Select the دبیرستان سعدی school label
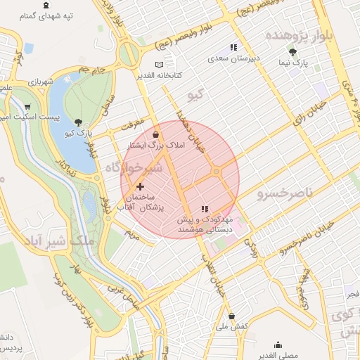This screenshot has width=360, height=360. point(235,57)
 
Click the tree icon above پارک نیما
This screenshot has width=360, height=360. point(293,51)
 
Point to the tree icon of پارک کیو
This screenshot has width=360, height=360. point(77,122)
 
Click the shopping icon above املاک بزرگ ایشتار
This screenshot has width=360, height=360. point(155,134)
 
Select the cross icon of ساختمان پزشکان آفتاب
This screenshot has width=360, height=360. point(141,186)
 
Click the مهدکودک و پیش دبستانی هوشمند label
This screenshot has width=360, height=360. point(205,224)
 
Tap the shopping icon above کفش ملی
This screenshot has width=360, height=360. point(232,316)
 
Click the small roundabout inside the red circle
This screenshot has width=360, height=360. point(217,172)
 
